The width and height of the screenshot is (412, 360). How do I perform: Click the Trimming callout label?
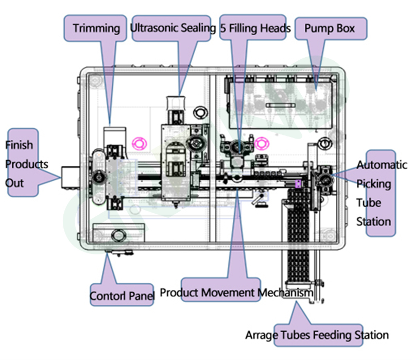[x=96, y=28]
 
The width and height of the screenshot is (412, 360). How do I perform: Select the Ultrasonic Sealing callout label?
[x=173, y=28]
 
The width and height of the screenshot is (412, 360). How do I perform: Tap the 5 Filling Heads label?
[x=255, y=28]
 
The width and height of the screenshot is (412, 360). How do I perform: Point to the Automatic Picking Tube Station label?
[x=382, y=193]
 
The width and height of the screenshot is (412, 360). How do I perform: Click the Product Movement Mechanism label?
[x=236, y=293]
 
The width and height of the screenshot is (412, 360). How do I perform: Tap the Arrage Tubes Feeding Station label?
[x=317, y=335]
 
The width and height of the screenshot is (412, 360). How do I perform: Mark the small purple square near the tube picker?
[x=298, y=184]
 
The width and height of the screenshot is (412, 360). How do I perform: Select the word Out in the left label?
[x=15, y=183]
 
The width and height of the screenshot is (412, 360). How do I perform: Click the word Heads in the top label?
[x=275, y=28]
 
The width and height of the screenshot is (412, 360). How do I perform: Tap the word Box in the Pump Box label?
[x=346, y=28]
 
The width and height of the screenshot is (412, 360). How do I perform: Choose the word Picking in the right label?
[x=373, y=184]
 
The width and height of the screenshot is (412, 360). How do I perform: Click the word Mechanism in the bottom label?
[x=285, y=293]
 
